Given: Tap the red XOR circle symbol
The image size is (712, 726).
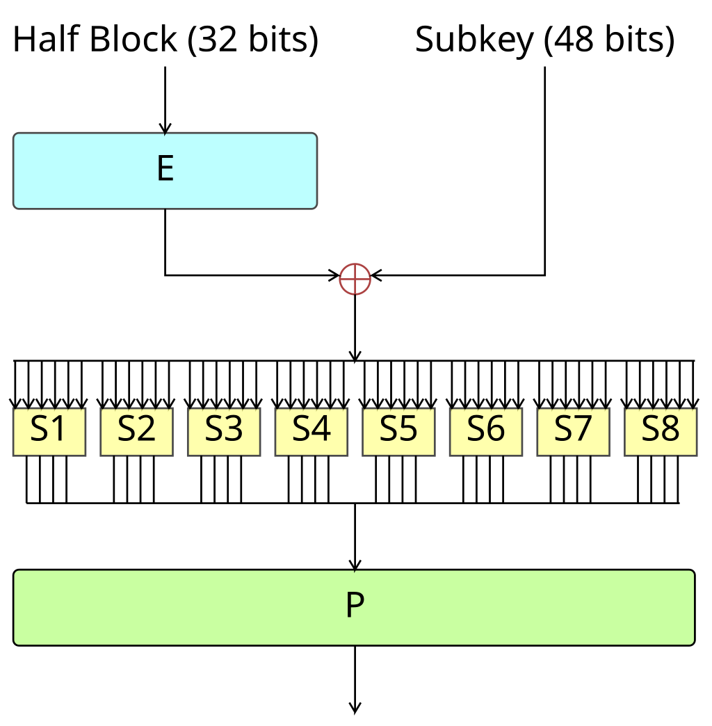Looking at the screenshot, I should pyautogui.click(x=355, y=279).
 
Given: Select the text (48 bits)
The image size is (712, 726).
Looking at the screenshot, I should pyautogui.click(x=609, y=40).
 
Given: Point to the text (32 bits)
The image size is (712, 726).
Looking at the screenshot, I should pyautogui.click(x=253, y=40).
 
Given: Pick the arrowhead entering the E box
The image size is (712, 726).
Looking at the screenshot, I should pyautogui.click(x=165, y=129).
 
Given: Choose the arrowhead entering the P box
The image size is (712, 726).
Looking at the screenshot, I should pyautogui.click(x=355, y=565).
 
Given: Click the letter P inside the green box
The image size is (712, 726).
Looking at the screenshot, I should pyautogui.click(x=355, y=607).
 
